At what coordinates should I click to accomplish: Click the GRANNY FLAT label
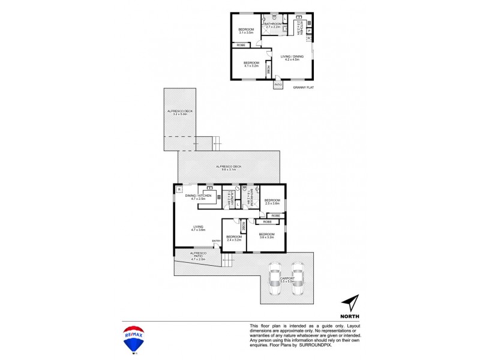tap(304, 88)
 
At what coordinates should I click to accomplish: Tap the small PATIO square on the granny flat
tap(278, 85)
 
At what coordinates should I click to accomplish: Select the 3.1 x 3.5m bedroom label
tap(246, 31)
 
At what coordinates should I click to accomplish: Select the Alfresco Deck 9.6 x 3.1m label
tap(229, 169)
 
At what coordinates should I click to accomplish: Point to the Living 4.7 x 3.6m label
tap(198, 228)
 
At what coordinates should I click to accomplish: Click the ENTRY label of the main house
tap(215, 241)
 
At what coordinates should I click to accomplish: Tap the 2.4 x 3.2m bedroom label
tap(233, 238)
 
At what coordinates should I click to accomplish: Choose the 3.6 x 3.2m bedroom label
tap(266, 235)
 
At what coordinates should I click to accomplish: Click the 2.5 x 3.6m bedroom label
tap(273, 202)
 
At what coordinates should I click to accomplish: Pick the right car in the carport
tap(298, 278)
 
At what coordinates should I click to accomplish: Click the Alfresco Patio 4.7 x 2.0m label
tap(198, 256)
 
